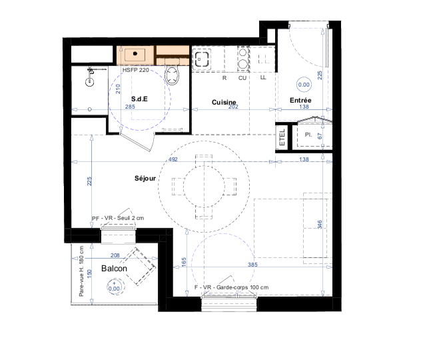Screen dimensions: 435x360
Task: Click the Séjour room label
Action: tap(145, 179)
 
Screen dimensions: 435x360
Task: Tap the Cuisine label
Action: tap(224, 102)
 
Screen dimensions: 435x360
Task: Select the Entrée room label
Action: tap(300, 100)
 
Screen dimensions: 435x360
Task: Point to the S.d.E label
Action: tap(139, 99)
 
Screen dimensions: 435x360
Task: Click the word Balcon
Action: tap(114, 269)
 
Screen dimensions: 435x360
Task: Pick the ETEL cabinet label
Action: tap(282, 137)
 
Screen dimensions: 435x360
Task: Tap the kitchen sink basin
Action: tap(202, 59)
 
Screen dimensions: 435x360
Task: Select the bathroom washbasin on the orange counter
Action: tap(135, 54)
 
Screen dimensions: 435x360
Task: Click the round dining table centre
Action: tap(204, 187)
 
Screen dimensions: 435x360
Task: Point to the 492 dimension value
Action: tap(173, 159)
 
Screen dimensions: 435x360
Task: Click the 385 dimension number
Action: tap(252, 265)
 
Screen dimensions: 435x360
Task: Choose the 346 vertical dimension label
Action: tap(320, 225)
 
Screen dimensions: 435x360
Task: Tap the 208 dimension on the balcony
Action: tap(115, 255)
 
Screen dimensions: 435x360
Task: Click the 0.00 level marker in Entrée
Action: tap(304, 85)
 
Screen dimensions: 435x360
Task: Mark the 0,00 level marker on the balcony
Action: tap(114, 288)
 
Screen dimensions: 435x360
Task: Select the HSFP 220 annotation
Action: tap(136, 70)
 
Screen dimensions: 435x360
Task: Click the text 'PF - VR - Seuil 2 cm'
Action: tap(118, 218)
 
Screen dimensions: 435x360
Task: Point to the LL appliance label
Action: tap(263, 77)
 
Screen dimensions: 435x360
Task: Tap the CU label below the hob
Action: tap(242, 78)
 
